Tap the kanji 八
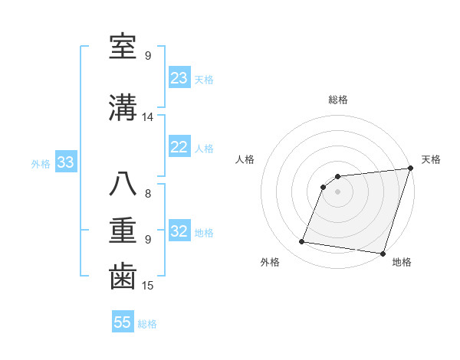tap(123, 185)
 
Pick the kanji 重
tap(123, 231)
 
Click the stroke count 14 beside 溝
tap(148, 117)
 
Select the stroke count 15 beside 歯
tap(148, 286)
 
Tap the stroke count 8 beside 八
tap(148, 194)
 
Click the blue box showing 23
tap(179, 78)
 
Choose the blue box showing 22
tap(179, 147)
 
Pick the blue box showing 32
tap(179, 231)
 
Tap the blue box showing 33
tap(65, 162)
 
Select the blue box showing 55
tap(123, 322)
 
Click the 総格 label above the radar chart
tap(338, 100)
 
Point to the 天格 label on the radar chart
tap(431, 159)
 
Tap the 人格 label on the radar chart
tap(245, 159)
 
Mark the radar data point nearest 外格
tap(302, 242)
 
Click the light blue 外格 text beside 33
tap(41, 163)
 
